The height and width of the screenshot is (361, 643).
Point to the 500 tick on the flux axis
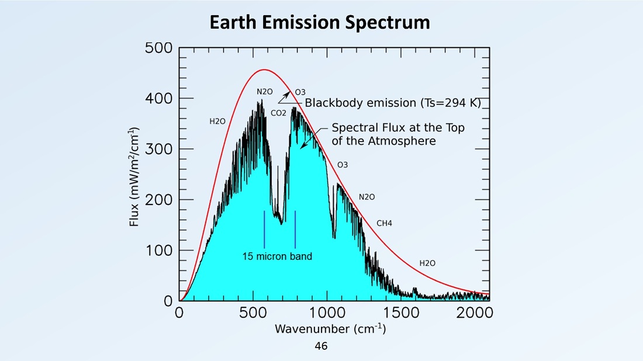[158, 48]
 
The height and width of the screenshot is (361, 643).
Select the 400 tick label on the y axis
[158, 99]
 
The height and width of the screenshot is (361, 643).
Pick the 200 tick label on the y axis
[158, 200]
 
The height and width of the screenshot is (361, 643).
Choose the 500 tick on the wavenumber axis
[254, 313]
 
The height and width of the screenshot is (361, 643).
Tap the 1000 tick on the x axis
[327, 313]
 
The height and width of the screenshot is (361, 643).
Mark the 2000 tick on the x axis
[475, 313]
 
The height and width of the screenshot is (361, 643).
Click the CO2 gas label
[278, 113]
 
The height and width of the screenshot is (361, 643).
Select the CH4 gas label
[384, 223]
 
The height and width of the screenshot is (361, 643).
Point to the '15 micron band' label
[277, 256]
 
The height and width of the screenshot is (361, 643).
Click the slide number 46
[321, 346]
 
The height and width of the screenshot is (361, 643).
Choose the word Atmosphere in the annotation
[402, 141]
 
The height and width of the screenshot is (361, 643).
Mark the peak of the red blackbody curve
[264, 70]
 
